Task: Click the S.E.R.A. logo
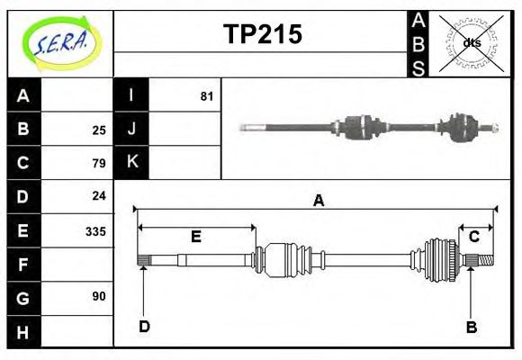pyautogui.click(x=60, y=42)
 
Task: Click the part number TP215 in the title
pyautogui.click(x=262, y=34)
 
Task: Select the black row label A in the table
pyautogui.click(x=23, y=95)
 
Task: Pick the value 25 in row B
pyautogui.click(x=98, y=129)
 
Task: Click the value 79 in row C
pyautogui.click(x=98, y=163)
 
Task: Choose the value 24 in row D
pyautogui.click(x=98, y=195)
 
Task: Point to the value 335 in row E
pyautogui.click(x=94, y=230)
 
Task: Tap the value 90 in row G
pyautogui.click(x=98, y=296)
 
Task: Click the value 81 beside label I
pyautogui.click(x=206, y=95)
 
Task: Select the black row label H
pyautogui.click(x=23, y=331)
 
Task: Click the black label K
pyautogui.click(x=131, y=163)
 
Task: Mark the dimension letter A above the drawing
pyautogui.click(x=318, y=202)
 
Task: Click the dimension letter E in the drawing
pyautogui.click(x=195, y=237)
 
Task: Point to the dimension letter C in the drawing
pyautogui.click(x=473, y=237)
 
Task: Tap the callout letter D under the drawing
pyautogui.click(x=144, y=326)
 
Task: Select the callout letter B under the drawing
pyautogui.click(x=471, y=326)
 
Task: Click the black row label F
pyautogui.click(x=23, y=264)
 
